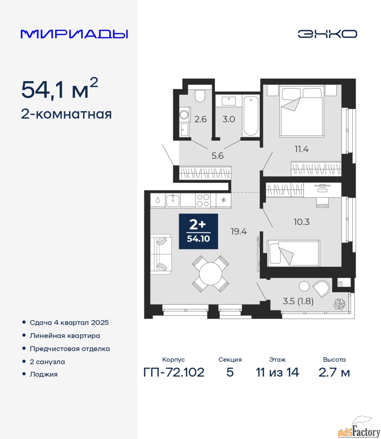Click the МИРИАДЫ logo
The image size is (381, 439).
[74, 34]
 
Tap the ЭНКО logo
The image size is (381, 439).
[327, 34]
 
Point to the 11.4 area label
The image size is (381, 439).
[301, 149]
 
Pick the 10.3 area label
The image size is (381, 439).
[301, 222]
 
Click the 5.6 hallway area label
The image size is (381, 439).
[217, 156]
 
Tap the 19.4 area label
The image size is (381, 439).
[239, 232]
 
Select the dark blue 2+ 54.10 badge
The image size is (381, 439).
[198, 231]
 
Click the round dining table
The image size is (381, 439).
[211, 274]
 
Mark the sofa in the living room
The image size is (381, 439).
[161, 254]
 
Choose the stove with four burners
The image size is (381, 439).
[203, 201]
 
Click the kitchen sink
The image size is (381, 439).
[173, 201]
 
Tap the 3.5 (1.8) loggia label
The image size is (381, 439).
[298, 301]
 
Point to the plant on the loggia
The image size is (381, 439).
[339, 304]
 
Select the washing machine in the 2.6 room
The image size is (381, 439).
[184, 115]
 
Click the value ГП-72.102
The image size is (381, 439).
[174, 372]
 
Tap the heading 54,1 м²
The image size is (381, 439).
[59, 89]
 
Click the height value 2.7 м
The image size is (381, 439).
[334, 372]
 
